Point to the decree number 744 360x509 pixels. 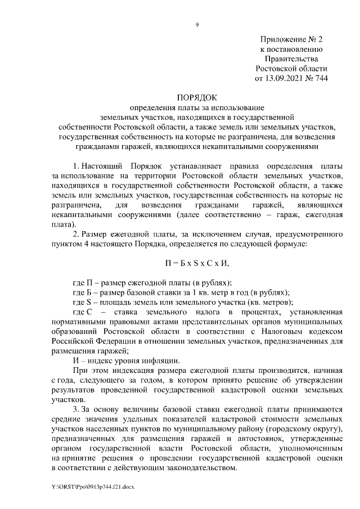(319, 78)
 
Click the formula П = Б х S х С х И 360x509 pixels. (197, 263)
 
